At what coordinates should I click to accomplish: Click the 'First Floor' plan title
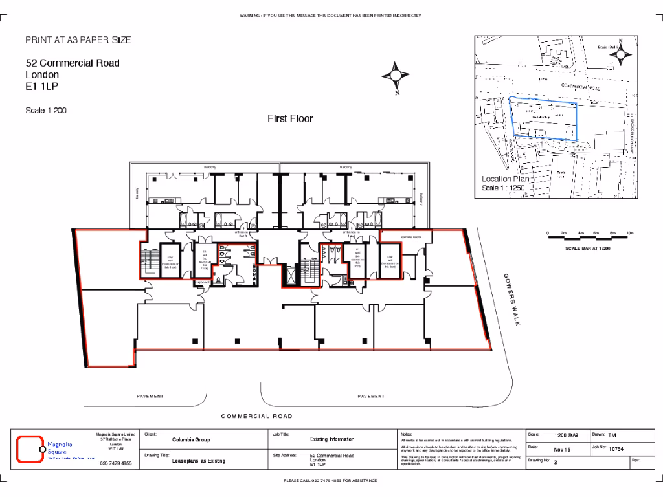pyautogui.click(x=290, y=118)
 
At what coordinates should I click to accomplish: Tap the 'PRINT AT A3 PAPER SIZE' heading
pyautogui.click(x=78, y=40)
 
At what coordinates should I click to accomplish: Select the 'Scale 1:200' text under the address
pyautogui.click(x=46, y=111)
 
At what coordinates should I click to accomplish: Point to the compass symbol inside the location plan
pyautogui.click(x=620, y=55)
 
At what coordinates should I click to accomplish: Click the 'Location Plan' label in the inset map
pyautogui.click(x=505, y=179)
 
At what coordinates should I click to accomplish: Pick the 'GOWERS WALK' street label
pyautogui.click(x=512, y=299)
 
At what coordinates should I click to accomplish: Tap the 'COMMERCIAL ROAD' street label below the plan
pyautogui.click(x=256, y=416)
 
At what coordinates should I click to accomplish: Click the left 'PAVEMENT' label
pyautogui.click(x=150, y=396)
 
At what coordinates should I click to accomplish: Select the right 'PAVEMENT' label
pyautogui.click(x=371, y=396)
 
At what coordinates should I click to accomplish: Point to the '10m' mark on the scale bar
pyautogui.click(x=630, y=233)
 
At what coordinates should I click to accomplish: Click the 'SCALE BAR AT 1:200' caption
pyautogui.click(x=587, y=248)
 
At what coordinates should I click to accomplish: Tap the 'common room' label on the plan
pyautogui.click(x=411, y=237)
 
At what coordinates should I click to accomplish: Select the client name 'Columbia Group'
pyautogui.click(x=190, y=439)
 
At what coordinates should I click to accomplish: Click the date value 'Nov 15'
pyautogui.click(x=561, y=448)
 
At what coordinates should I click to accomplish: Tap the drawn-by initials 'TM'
pyautogui.click(x=612, y=436)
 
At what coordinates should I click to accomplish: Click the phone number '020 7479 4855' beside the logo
pyautogui.click(x=116, y=463)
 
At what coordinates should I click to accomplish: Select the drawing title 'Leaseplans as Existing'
pyautogui.click(x=198, y=461)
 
